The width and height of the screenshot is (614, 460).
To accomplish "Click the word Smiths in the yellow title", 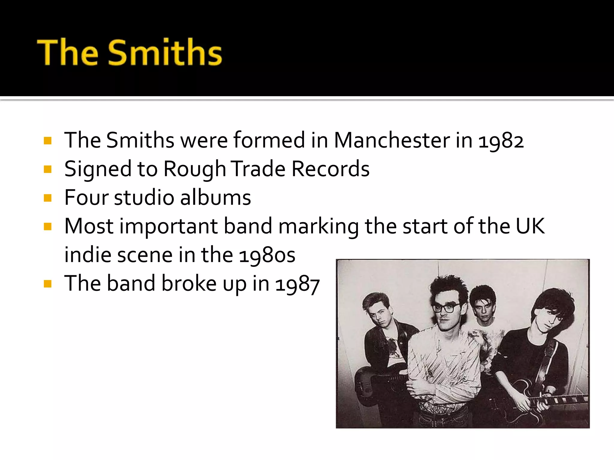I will coord(165,52).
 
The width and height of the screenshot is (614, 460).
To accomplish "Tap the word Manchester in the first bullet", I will coord(392,140).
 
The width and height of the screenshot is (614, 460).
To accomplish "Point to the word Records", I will coord(330,169).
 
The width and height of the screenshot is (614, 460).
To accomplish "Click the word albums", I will coord(216,198).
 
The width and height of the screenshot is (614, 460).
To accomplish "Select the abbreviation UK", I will coord(530,226).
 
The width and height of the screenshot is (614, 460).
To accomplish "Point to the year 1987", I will coord(297,284).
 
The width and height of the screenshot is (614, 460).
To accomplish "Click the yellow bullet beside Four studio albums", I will coord(48,198).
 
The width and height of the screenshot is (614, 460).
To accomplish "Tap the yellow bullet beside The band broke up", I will coord(48,284).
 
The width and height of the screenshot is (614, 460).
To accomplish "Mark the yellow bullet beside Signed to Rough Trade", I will coord(48,170).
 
